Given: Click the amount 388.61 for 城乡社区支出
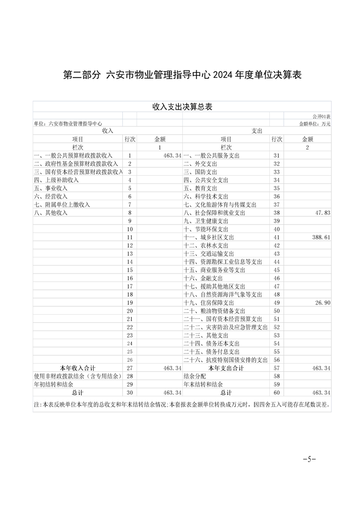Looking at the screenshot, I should pyautogui.click(x=320, y=237).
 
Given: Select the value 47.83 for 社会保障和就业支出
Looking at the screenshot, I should pyautogui.click(x=322, y=213).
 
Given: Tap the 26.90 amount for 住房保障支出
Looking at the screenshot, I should pyautogui.click(x=322, y=303).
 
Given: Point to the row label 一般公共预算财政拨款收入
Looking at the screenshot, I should pyautogui.click(x=73, y=155).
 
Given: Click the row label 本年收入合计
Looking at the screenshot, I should pyautogui.click(x=78, y=368).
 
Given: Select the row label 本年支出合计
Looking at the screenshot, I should pyautogui.click(x=226, y=368).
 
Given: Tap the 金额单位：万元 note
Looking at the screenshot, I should pyautogui.click(x=315, y=123).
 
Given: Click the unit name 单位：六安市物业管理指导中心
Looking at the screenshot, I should pyautogui.click(x=68, y=123).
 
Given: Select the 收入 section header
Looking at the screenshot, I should pyautogui.click(x=107, y=131).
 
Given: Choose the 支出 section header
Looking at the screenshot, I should pyautogui.click(x=257, y=131).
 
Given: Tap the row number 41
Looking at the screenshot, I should pyautogui.click(x=276, y=237).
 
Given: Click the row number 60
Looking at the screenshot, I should pyautogui.click(x=276, y=393).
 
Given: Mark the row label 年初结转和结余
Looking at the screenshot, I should pyautogui.click(x=54, y=385).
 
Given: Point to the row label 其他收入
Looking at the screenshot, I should pyautogui.click(x=51, y=213).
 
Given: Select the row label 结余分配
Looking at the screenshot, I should pyautogui.click(x=194, y=376).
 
